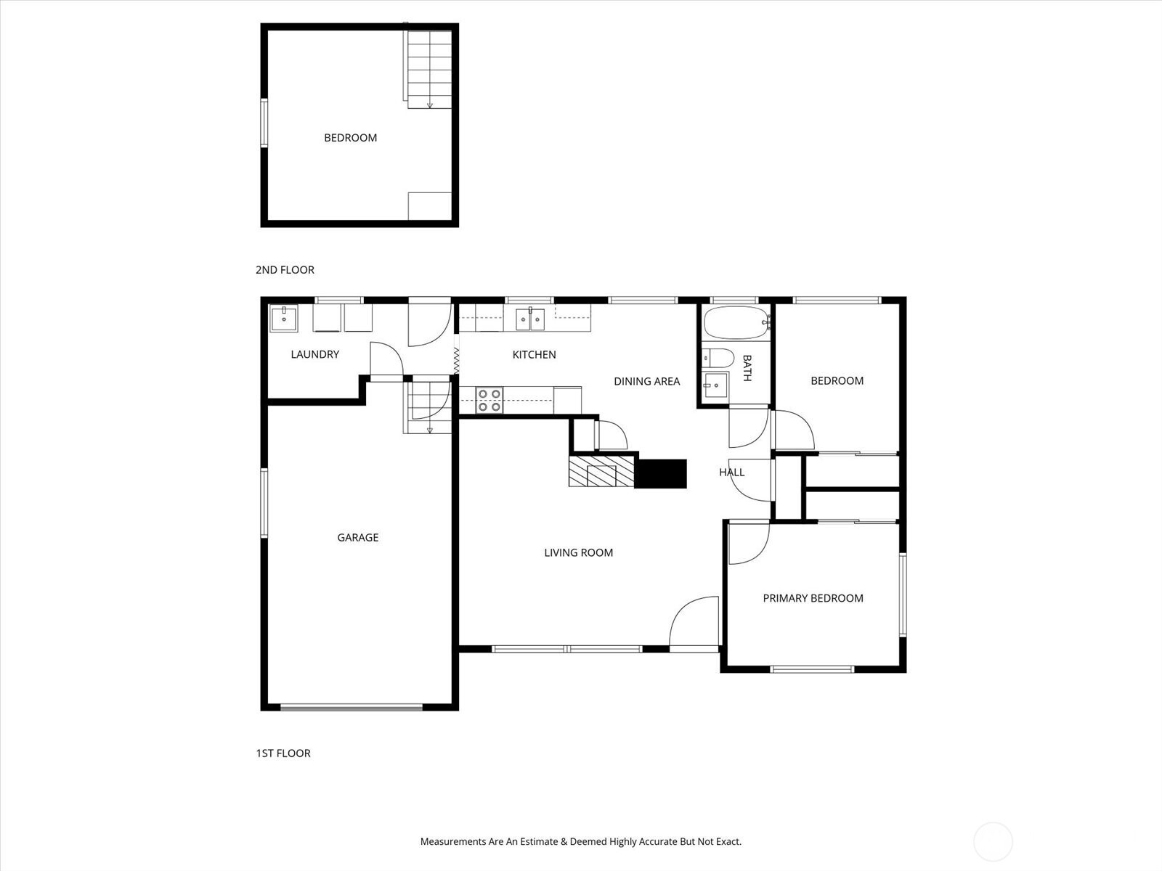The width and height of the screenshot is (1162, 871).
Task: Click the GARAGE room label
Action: [x=358, y=537]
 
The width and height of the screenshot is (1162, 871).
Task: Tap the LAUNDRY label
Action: [x=315, y=354]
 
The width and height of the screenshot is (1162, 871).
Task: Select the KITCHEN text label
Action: [x=534, y=355]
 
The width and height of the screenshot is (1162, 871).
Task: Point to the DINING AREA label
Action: [x=646, y=381]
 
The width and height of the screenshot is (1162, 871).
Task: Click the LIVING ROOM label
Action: [x=579, y=552]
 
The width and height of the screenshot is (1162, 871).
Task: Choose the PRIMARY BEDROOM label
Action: [x=813, y=598]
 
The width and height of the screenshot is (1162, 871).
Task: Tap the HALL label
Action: [x=732, y=473]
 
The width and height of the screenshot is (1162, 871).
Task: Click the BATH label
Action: [x=747, y=368]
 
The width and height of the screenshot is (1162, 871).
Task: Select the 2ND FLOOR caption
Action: [x=285, y=270]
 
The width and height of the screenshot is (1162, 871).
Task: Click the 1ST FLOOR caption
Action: [x=283, y=753]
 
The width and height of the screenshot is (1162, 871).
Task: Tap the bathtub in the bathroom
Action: [x=736, y=322]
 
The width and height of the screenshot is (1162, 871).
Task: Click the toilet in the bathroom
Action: [x=718, y=358]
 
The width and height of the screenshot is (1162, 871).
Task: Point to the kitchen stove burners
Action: [x=489, y=401]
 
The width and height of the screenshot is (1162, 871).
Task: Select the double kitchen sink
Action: [x=530, y=319]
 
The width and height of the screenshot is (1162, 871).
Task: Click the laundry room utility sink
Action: [x=284, y=319]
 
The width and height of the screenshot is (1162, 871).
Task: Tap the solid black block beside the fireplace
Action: [x=661, y=474]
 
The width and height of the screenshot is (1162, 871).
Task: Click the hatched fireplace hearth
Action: [x=601, y=471]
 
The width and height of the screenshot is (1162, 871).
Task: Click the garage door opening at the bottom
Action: [x=352, y=707]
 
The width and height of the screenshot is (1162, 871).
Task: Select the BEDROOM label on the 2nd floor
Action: [x=351, y=138]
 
